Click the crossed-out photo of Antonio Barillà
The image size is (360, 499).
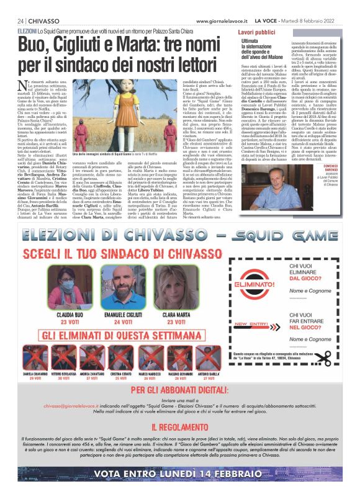[x=209, y=358]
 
